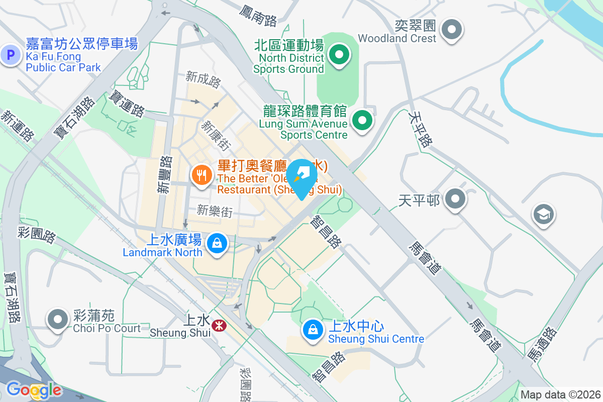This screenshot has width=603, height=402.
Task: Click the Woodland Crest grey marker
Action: (x=451, y=30)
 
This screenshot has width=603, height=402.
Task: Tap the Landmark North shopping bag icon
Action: (x=217, y=244)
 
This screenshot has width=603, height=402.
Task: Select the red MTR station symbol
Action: (x=219, y=326)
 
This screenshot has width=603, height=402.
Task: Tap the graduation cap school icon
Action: (x=543, y=215)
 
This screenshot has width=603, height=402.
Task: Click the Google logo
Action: (x=33, y=389)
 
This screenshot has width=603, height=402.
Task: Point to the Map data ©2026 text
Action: (x=560, y=394)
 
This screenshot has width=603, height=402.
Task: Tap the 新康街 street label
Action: (x=217, y=136)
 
